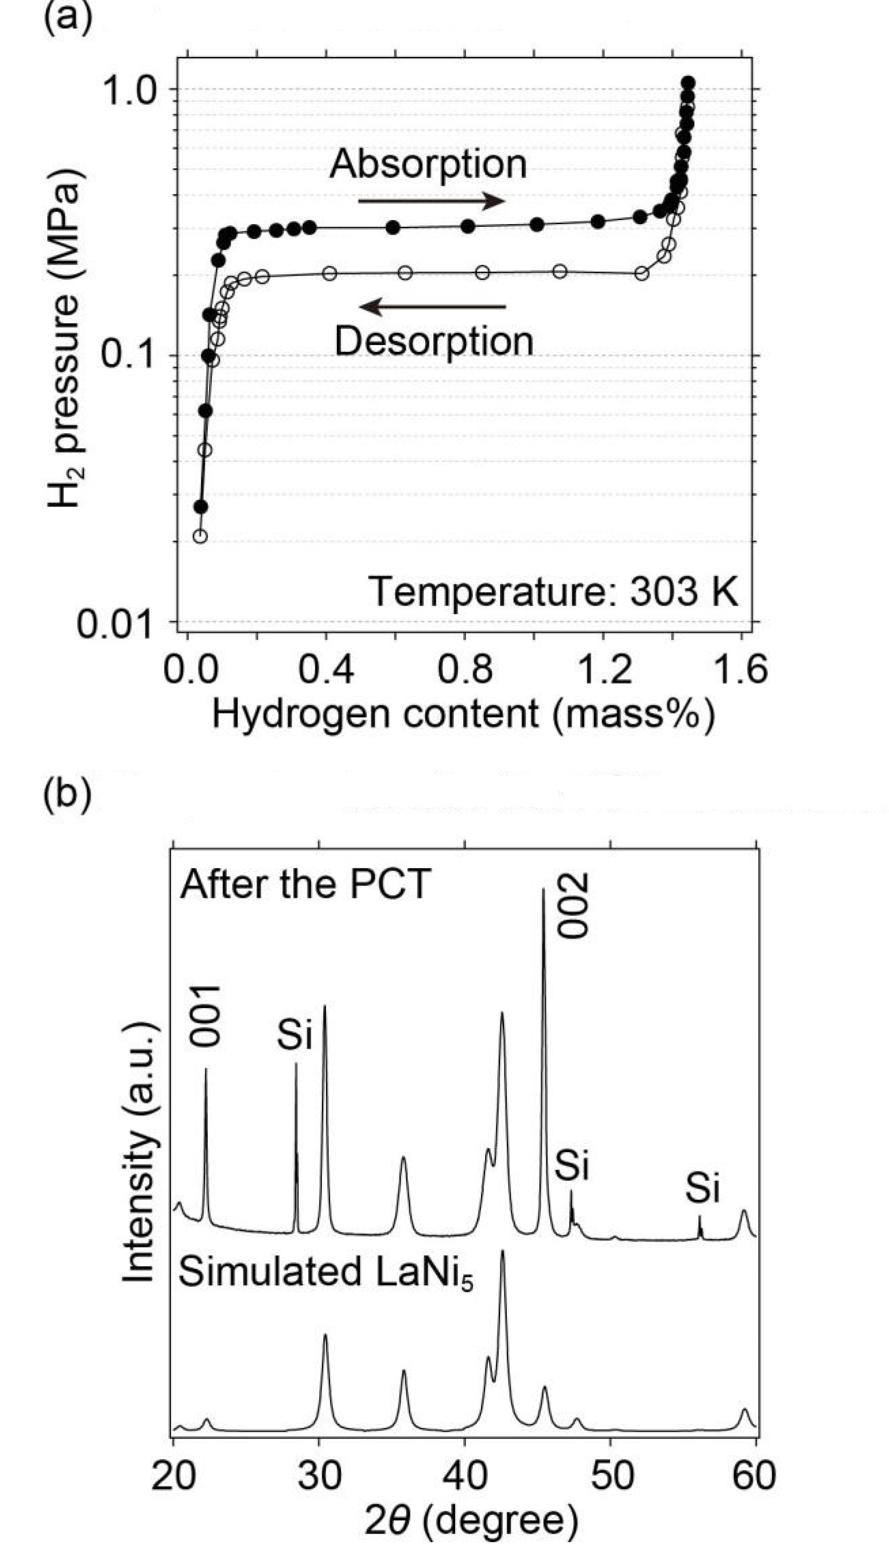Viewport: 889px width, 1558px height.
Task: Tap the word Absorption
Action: click(x=428, y=164)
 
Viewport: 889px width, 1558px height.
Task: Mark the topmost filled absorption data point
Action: click(x=688, y=82)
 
